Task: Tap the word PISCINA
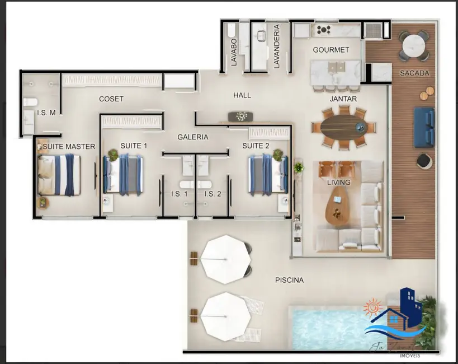point(289,280)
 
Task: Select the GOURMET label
point(330,50)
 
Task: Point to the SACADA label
point(414,73)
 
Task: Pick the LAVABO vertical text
point(234,51)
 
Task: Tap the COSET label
point(111,99)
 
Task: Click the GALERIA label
point(193,137)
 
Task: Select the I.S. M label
point(46,113)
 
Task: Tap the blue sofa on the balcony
point(424,127)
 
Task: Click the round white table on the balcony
point(414,44)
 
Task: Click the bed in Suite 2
point(267,174)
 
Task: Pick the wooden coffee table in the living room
point(337,204)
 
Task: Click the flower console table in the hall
point(240,116)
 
